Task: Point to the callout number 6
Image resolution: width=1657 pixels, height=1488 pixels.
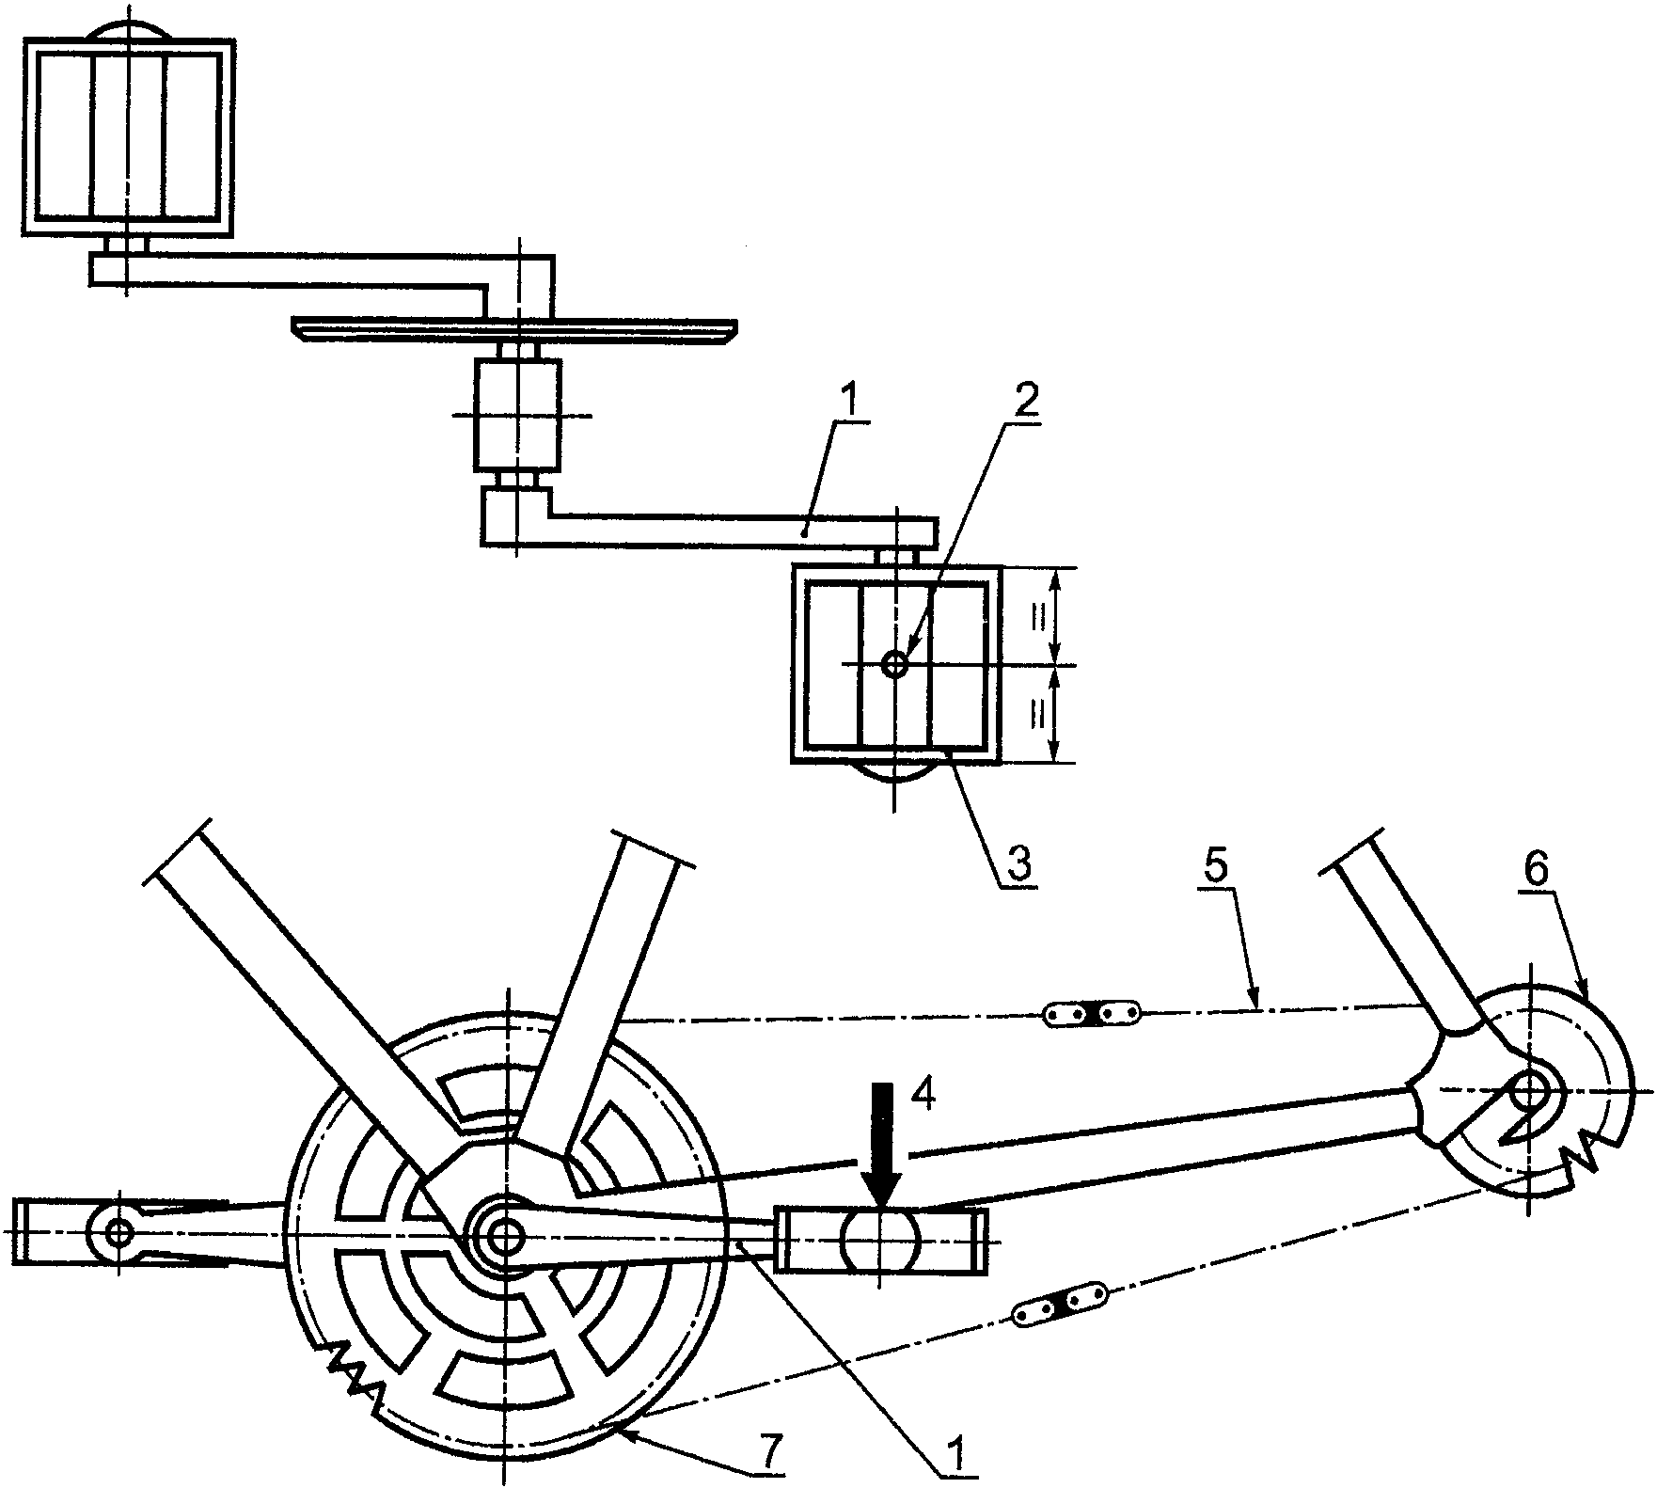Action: tap(1534, 873)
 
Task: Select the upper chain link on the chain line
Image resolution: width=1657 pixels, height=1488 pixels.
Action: tap(1092, 1014)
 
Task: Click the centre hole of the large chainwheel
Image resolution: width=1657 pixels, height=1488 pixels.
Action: tap(505, 1235)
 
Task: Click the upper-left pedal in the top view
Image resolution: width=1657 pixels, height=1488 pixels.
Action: tap(128, 136)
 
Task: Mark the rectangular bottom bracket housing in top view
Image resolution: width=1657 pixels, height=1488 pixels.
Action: tap(516, 415)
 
